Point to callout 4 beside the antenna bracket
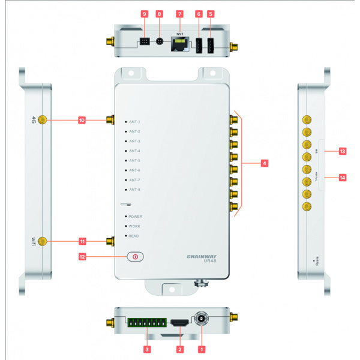(263, 163)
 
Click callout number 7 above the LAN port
(179, 13)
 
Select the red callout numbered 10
(82, 121)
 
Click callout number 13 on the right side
(343, 151)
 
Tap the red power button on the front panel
(136, 256)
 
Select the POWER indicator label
(135, 217)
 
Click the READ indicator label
(134, 236)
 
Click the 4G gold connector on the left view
(42, 121)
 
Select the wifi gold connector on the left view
(42, 241)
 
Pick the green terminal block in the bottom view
(144, 323)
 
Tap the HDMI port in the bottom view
(178, 323)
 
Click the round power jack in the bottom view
(201, 319)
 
